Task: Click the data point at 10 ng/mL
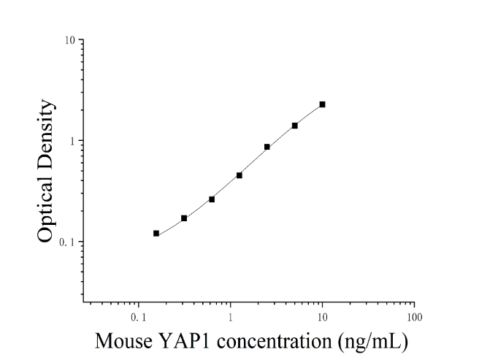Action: click(x=322, y=104)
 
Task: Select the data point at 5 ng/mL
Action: click(x=295, y=126)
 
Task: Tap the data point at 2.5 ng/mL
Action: click(x=267, y=147)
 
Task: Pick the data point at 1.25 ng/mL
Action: click(x=239, y=175)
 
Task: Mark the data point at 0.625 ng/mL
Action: click(x=212, y=199)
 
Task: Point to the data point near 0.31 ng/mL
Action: click(x=184, y=218)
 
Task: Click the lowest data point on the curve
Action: click(x=156, y=234)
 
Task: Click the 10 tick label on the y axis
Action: click(x=69, y=39)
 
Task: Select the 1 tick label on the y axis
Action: click(x=72, y=141)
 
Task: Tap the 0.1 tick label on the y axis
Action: click(x=67, y=242)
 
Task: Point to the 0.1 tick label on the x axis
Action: click(x=139, y=318)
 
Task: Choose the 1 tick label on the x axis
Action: click(x=231, y=318)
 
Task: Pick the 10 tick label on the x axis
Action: click(x=322, y=318)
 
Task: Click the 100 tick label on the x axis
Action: click(x=415, y=318)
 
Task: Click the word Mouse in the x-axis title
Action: click(x=123, y=341)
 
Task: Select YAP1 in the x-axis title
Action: click(x=185, y=340)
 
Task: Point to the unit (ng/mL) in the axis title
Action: click(x=373, y=342)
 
